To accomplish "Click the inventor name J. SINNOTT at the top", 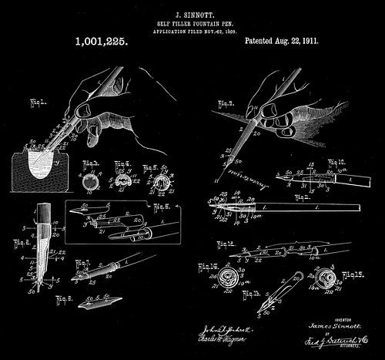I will pos(192,13).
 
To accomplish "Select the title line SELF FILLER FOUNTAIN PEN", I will pos(192,22).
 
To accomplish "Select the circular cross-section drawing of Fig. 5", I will pos(162,183).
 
